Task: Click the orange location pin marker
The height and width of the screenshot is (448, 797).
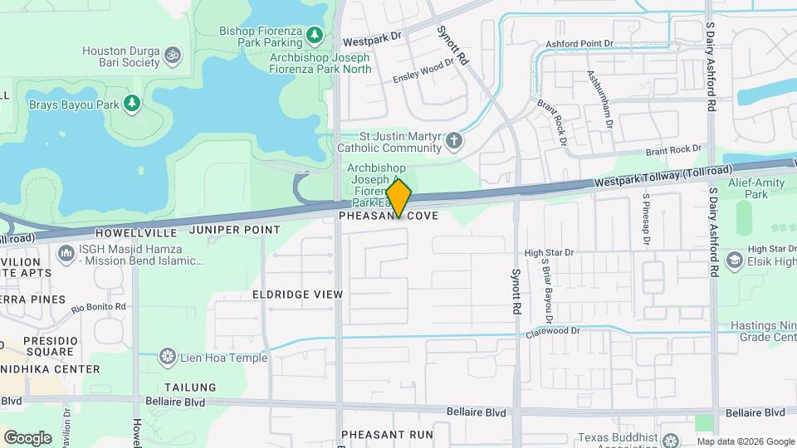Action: [x=398, y=197]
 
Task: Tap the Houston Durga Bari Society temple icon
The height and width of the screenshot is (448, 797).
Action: [x=172, y=56]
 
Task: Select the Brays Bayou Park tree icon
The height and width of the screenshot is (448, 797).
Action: [x=131, y=103]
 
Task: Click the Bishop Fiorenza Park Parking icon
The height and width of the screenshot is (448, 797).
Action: [x=315, y=34]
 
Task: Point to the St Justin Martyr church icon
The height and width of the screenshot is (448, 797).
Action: [x=453, y=140]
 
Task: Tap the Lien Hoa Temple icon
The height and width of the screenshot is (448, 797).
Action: [x=168, y=358]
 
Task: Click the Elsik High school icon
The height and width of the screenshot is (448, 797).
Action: [x=734, y=261]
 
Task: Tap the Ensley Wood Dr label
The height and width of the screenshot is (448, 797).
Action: [x=423, y=71]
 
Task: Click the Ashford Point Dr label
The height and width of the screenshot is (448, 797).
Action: [x=579, y=43]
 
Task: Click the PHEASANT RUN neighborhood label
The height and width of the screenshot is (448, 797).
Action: [x=388, y=434]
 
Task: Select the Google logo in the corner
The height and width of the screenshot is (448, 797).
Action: [x=27, y=437]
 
